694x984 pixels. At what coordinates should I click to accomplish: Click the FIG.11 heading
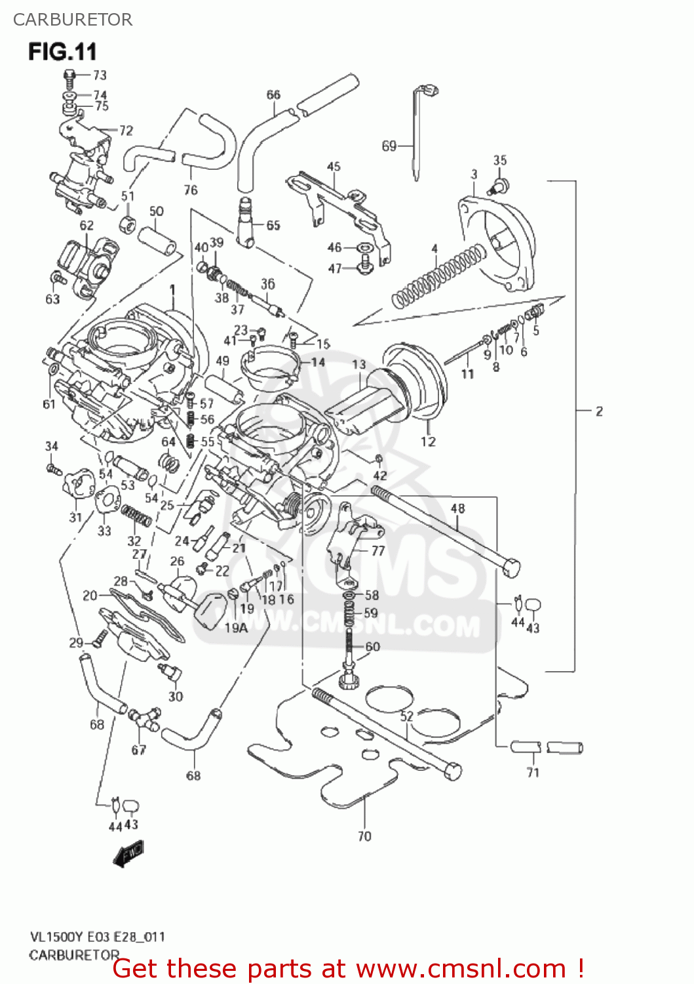62,51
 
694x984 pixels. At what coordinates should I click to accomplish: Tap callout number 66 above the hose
273,95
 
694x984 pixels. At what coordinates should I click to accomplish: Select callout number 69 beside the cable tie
389,146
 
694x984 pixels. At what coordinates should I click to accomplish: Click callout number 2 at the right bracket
599,411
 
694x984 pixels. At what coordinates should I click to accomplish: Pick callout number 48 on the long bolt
458,508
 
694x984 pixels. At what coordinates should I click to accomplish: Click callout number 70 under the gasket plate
364,836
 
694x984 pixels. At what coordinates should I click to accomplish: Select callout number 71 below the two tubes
533,773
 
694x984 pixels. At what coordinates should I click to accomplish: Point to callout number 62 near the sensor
87,226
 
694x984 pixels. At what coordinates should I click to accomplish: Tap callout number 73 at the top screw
100,75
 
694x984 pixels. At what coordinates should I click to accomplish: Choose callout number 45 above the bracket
334,167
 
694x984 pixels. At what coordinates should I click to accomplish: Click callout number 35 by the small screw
500,160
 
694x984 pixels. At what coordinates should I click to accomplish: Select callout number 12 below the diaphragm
428,441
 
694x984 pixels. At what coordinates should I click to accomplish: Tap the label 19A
236,628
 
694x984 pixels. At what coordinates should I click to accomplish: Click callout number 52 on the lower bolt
407,716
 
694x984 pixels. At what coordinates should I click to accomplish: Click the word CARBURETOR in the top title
73,20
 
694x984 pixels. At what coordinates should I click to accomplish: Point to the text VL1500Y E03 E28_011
97,937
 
